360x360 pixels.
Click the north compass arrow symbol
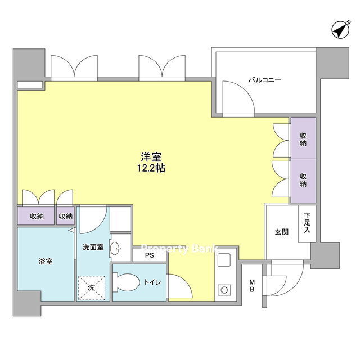click(340, 30)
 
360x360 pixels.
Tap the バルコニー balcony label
click(265, 80)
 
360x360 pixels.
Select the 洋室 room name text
click(151, 157)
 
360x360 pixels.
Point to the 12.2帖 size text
click(151, 168)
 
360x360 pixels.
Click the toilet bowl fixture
click(125, 282)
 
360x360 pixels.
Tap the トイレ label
click(152, 282)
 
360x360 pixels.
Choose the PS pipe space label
click(149, 255)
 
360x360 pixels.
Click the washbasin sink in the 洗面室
click(115, 248)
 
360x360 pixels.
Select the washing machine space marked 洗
click(91, 288)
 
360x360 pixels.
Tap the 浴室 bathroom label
click(46, 261)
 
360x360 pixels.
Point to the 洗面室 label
click(93, 247)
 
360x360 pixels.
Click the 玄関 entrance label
click(281, 232)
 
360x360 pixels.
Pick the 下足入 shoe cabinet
click(307, 224)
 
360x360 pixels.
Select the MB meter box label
click(252, 285)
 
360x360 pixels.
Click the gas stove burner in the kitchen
click(224, 290)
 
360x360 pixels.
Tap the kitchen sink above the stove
click(224, 260)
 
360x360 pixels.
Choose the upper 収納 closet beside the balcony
click(303, 138)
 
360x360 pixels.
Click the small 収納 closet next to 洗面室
click(65, 216)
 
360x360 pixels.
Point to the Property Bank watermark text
click(179, 249)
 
